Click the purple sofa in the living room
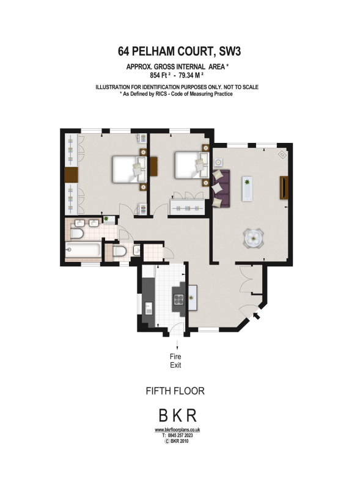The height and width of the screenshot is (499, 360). (x=221, y=188)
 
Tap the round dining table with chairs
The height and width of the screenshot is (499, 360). (x=254, y=237)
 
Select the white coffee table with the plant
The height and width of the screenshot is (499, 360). (x=247, y=188)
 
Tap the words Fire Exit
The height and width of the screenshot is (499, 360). (x=175, y=360)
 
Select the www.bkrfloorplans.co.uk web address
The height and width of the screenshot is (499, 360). (x=177, y=431)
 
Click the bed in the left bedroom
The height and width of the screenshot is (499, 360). (x=128, y=169)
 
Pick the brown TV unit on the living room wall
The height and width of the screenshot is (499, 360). (x=284, y=188)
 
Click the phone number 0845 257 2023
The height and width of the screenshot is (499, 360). (x=181, y=436)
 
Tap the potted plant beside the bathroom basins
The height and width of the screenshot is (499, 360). (x=106, y=219)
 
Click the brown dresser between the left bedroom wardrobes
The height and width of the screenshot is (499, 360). (x=72, y=174)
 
